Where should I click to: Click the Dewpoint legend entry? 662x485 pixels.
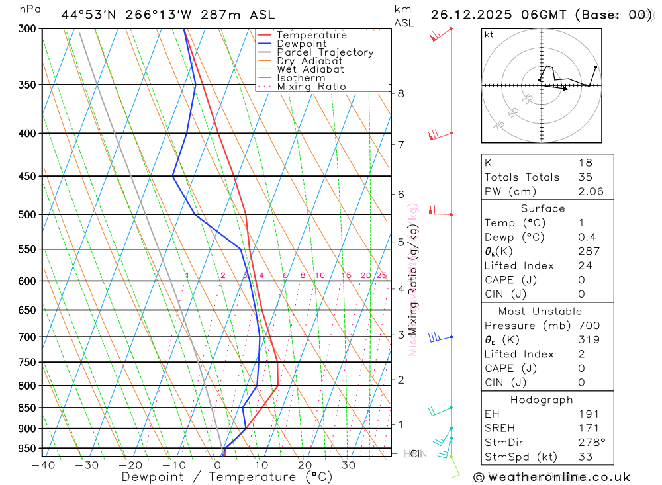click(301, 44)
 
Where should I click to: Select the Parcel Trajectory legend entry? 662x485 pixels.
click(325, 52)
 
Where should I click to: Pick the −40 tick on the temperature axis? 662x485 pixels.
click(42, 465)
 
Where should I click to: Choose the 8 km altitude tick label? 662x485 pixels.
click(401, 93)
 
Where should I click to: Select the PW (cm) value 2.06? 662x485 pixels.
click(591, 192)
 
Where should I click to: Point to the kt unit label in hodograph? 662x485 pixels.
click(489, 34)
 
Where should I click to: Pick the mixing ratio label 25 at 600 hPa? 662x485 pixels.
click(381, 275)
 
